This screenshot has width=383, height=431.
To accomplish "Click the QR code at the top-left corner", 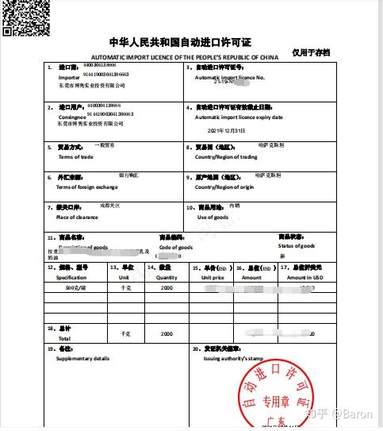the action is (x=25, y=17).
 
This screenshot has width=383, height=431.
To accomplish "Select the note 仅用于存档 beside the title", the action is (x=310, y=52).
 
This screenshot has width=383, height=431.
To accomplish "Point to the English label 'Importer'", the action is (x=69, y=79).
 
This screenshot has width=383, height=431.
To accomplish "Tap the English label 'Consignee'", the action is (x=71, y=116).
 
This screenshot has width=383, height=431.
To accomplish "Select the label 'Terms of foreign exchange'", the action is (x=87, y=187).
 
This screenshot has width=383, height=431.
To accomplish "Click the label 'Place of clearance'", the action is (x=77, y=217).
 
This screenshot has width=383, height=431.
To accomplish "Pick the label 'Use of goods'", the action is (x=213, y=217).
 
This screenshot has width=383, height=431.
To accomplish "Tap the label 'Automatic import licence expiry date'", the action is (x=239, y=117).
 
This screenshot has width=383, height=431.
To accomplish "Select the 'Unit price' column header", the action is (x=213, y=278).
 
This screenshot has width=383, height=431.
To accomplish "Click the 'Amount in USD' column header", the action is (x=305, y=278).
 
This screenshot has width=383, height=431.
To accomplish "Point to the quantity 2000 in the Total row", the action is (x=167, y=334).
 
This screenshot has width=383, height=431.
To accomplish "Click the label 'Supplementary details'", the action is (x=83, y=359).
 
